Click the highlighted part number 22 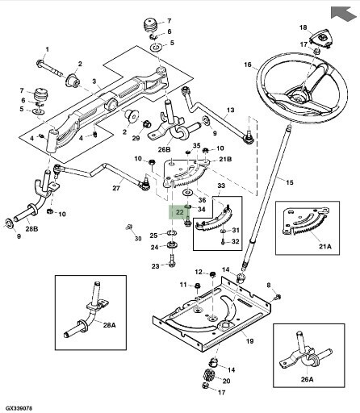[179, 212]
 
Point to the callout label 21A [324, 246]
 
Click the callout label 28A [110, 325]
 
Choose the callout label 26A [308, 379]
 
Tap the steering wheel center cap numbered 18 [321, 40]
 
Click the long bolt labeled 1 [50, 68]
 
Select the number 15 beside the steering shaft [289, 182]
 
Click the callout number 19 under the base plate [250, 341]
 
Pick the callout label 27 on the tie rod [116, 188]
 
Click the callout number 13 [231, 110]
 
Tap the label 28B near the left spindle [31, 229]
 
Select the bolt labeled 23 [172, 261]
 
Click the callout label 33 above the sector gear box [221, 186]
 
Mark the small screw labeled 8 [278, 297]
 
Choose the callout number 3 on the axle [94, 81]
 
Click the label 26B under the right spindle [165, 149]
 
